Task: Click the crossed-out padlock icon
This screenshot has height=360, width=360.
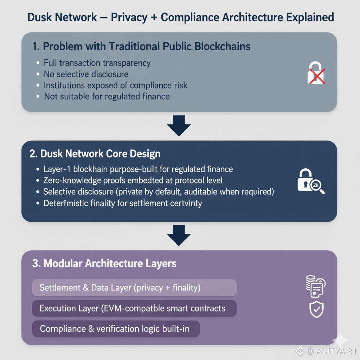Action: [316, 73]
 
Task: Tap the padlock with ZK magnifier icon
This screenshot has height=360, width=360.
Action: [311, 181]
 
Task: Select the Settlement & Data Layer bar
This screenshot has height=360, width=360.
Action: [134, 288]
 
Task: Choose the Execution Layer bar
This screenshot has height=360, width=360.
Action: [134, 309]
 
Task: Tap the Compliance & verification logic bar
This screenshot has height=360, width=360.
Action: [116, 329]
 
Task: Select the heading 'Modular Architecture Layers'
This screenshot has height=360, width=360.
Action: [104, 264]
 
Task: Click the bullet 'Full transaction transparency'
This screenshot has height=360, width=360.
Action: [97, 63]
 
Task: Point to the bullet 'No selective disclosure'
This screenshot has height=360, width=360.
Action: [86, 74]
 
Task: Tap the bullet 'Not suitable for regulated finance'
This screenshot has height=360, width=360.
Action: [107, 96]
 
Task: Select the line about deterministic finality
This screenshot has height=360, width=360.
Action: [122, 203]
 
